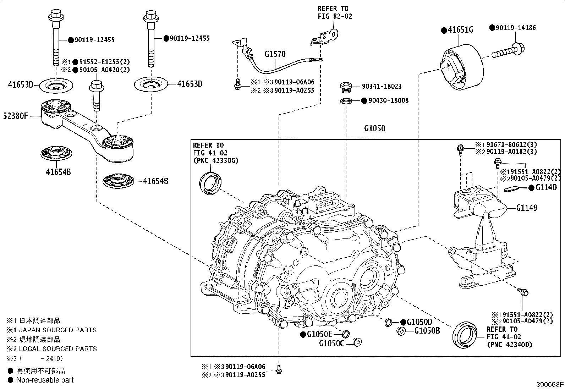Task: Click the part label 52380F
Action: pyautogui.click(x=15, y=116)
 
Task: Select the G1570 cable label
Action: pyautogui.click(x=275, y=54)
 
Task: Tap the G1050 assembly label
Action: pyautogui.click(x=374, y=128)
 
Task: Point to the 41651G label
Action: pyautogui.click(x=461, y=30)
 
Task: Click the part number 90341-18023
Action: pyautogui.click(x=382, y=86)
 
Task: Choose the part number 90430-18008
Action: pyautogui.click(x=388, y=100)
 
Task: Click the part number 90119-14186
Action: pyautogui.click(x=516, y=28)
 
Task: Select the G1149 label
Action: pyautogui.click(x=527, y=208)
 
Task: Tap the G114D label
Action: pyautogui.click(x=546, y=187)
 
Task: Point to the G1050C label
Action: pyautogui.click(x=332, y=343)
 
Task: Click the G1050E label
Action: pyautogui.click(x=319, y=334)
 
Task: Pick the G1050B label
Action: pyautogui.click(x=427, y=330)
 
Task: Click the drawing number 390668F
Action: pyautogui.click(x=550, y=384)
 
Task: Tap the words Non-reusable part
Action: pyautogui.click(x=45, y=380)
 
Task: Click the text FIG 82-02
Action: pyautogui.click(x=335, y=16)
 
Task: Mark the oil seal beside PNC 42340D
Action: pyautogui.click(x=465, y=335)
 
